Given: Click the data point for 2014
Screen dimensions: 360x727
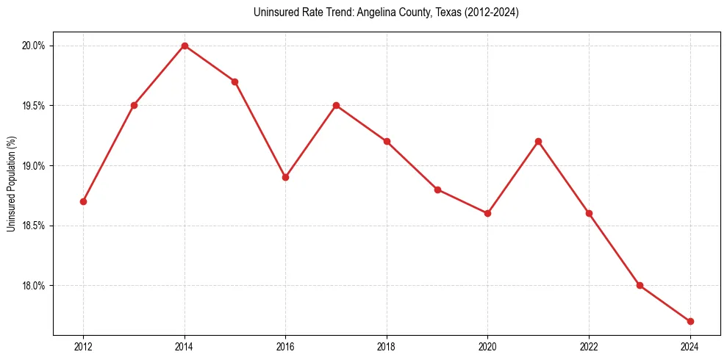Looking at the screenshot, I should [185, 46].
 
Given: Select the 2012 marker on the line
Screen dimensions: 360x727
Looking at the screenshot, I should [84, 201].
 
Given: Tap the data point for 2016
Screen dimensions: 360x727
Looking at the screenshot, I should [286, 177].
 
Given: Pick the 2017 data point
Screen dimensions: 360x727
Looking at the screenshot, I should [336, 105].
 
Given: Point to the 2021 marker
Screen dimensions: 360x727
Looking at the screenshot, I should [538, 141].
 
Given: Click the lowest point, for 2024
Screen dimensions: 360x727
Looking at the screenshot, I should [690, 321].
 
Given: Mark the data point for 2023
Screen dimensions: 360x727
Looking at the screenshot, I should [640, 285].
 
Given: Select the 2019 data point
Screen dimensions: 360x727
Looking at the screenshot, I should [437, 190].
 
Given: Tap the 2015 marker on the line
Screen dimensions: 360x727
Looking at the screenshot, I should [235, 82].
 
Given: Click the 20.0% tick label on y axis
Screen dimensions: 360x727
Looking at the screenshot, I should [34, 46].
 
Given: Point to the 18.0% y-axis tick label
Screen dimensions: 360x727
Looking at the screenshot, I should [34, 286].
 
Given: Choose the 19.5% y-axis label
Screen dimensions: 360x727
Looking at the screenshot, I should [34, 106].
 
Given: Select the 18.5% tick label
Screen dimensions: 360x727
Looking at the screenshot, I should [34, 226].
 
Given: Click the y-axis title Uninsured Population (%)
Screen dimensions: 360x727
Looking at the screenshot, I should [11, 184].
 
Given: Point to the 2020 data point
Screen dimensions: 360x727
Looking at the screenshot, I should [487, 213].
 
